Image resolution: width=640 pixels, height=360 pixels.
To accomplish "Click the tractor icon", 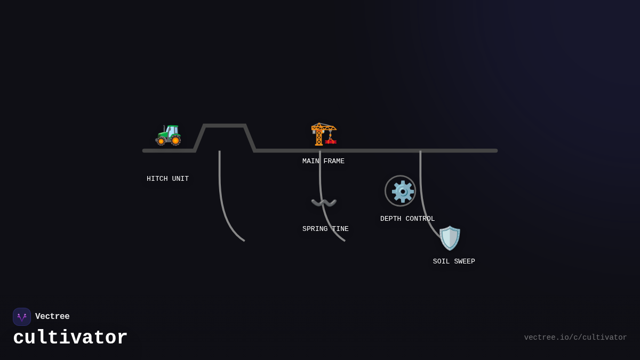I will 168,134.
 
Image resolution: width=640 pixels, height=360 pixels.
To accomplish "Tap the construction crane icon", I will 323,134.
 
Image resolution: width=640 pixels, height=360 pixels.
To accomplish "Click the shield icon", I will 450,238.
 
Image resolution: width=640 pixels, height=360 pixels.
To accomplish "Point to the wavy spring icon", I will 324,203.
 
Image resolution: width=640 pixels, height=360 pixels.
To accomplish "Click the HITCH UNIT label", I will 167,179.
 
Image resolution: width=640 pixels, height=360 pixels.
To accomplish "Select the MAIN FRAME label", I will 323,162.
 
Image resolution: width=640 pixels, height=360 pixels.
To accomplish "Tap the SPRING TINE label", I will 325,229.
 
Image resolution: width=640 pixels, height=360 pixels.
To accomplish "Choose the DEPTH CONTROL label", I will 407,219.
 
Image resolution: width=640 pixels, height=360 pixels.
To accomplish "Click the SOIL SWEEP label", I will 454,262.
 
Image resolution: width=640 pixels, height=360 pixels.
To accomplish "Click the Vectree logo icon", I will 22,317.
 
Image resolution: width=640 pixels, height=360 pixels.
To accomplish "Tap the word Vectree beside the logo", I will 52,317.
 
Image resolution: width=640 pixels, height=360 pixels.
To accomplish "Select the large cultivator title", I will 70,338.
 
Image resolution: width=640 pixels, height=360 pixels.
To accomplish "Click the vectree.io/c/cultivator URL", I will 575,338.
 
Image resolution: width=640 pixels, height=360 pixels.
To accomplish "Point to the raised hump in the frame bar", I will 225,126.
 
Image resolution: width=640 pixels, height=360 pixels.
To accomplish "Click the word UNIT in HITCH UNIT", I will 180,179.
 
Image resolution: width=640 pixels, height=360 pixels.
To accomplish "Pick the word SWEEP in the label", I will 465,262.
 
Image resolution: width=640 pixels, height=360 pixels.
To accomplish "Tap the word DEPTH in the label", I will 391,219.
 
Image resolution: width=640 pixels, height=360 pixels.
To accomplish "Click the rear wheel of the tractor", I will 175,141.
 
